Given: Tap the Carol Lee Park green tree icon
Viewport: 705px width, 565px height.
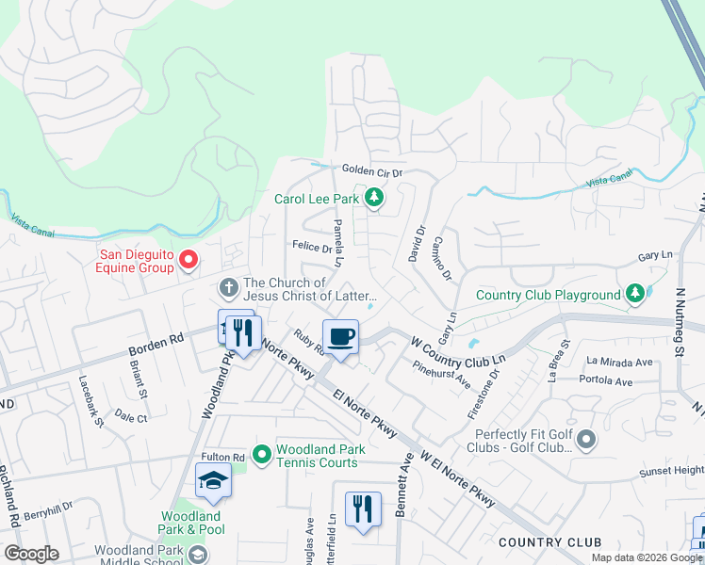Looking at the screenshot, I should (x=375, y=198).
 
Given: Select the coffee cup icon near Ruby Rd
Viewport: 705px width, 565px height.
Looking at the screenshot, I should (x=340, y=336).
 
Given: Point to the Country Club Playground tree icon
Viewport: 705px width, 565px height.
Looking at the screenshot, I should (x=636, y=294).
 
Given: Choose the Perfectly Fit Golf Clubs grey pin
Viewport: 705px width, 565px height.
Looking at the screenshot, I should (x=586, y=439).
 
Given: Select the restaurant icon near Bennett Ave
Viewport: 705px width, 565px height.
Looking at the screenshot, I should (x=363, y=508).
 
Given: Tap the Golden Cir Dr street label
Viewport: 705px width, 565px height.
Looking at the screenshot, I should (x=371, y=172).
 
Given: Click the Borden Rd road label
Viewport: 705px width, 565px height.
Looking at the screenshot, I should (x=155, y=345).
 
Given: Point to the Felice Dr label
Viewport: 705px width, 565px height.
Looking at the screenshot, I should (x=312, y=248).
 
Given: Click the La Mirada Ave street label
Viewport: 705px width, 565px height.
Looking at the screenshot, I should (x=619, y=361).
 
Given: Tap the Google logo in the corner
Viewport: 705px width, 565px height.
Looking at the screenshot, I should (x=31, y=554).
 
